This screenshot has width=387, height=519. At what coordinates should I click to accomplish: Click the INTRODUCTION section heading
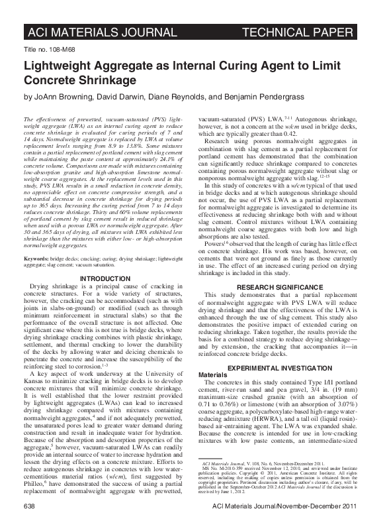point(106,277)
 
